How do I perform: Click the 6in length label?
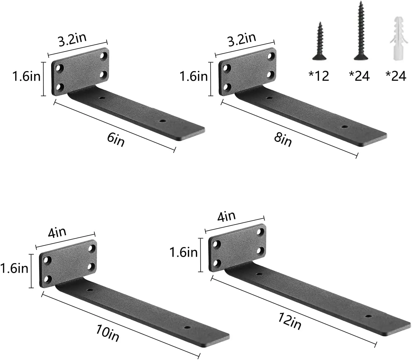pos(116,140)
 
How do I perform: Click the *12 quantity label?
pos(319,76)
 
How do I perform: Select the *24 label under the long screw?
pos(359,76)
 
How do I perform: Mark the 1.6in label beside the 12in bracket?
pos(183,253)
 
